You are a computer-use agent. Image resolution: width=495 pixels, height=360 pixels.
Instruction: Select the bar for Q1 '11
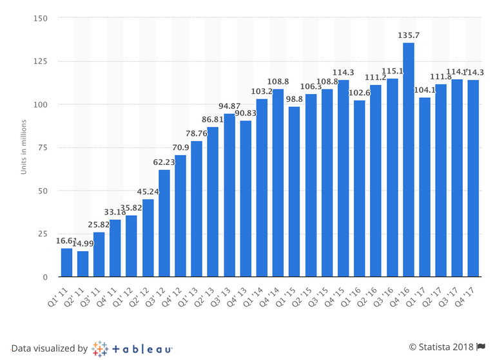(67, 263)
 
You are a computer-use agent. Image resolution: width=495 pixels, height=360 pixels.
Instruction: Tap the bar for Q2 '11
(83, 264)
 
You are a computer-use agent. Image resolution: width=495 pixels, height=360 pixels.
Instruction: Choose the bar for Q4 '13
(246, 199)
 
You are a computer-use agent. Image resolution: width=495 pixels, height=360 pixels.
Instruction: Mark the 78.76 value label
(197, 135)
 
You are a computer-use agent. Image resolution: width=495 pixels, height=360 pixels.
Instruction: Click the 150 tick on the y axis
(42, 18)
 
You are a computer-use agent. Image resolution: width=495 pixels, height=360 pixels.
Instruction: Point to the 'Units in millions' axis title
(23, 147)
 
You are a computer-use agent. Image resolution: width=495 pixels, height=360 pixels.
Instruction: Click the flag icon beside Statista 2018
(480, 348)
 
